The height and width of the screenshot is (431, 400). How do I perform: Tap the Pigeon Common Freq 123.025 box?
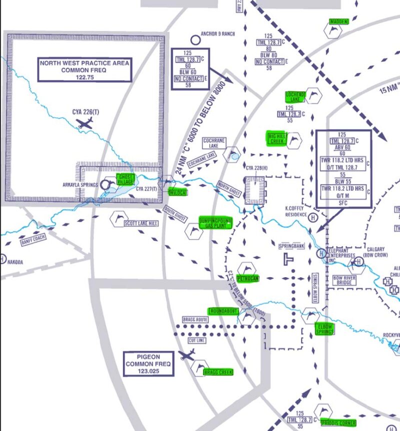(x=149, y=364)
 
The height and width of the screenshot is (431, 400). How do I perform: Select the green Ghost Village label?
(x=125, y=179)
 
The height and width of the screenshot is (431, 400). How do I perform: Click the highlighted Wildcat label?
(x=177, y=192)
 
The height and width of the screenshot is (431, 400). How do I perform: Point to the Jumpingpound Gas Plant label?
(x=215, y=223)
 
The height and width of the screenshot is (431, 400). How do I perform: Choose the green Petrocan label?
(x=247, y=278)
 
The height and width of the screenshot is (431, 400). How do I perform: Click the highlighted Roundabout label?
(x=223, y=311)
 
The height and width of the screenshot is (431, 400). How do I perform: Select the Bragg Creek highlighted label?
(x=218, y=372)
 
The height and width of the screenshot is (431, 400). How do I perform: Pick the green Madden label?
(x=339, y=21)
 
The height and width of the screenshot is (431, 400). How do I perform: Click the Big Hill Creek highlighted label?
(x=277, y=138)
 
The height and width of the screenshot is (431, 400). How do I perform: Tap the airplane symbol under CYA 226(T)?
(x=84, y=124)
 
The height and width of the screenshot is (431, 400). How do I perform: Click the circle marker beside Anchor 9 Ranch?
(x=195, y=39)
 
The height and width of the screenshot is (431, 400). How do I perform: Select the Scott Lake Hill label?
(x=141, y=223)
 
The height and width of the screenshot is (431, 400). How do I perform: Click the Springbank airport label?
(x=292, y=246)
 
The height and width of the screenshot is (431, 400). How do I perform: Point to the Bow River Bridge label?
(x=345, y=280)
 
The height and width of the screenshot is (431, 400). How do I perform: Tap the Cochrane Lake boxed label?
(x=215, y=143)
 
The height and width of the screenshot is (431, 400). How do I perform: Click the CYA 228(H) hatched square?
(x=255, y=191)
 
